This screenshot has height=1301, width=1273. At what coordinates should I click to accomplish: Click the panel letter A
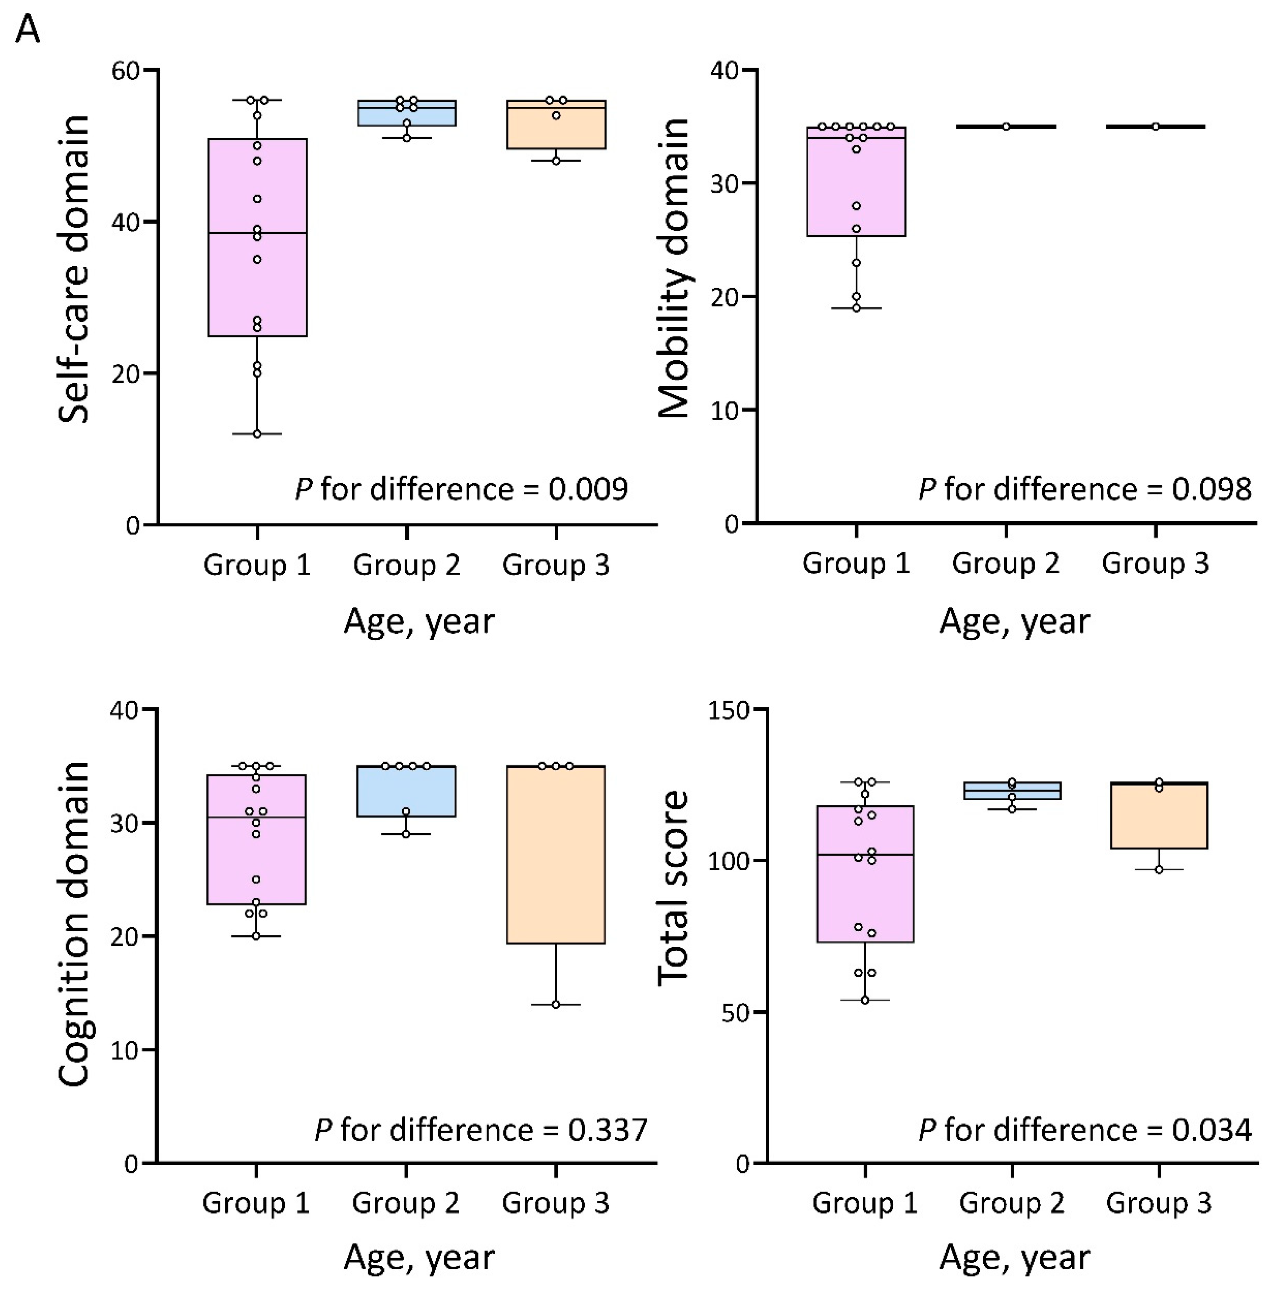(x=27, y=30)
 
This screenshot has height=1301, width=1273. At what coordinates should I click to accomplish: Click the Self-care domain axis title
(x=73, y=269)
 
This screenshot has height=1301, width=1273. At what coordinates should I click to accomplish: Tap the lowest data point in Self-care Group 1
(x=257, y=434)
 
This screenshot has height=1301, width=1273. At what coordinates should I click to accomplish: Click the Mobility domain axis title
(x=673, y=269)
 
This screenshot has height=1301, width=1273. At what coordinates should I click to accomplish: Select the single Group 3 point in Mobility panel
(x=1155, y=126)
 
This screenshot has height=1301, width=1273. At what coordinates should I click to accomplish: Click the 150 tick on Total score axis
(x=729, y=710)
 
